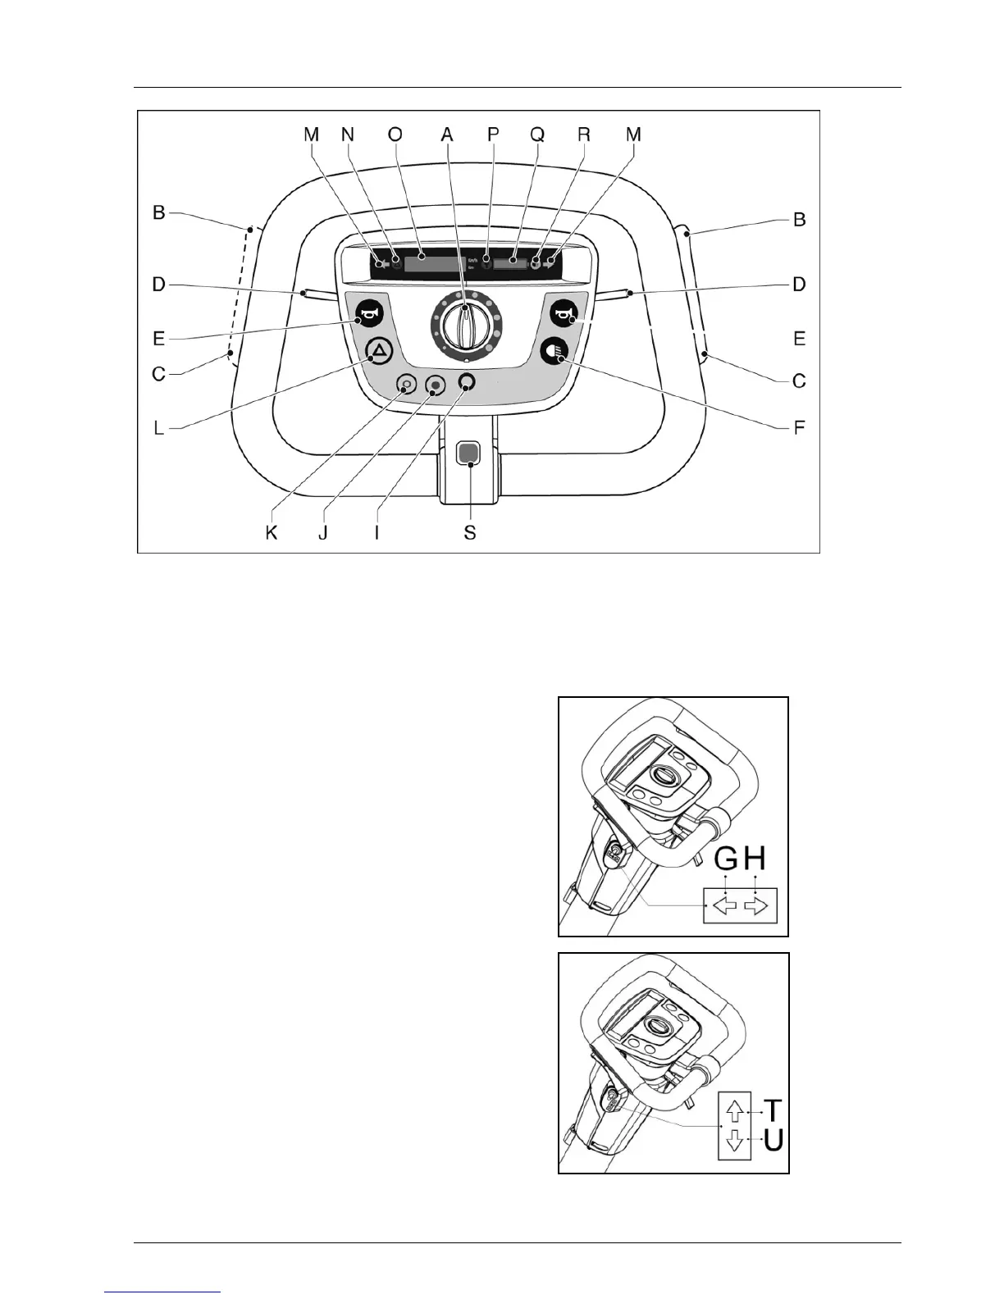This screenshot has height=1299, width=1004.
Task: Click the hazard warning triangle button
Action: pyautogui.click(x=379, y=352)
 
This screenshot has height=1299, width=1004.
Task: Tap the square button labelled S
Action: pyautogui.click(x=468, y=453)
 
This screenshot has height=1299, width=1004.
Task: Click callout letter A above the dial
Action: pyautogui.click(x=447, y=134)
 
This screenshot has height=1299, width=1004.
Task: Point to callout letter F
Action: pyautogui.click(x=801, y=426)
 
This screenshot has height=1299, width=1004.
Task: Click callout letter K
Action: pyautogui.click(x=272, y=533)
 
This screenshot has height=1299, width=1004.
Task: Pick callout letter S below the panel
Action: pyautogui.click(x=469, y=533)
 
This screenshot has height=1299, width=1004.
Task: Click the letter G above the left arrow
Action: pyautogui.click(x=726, y=859)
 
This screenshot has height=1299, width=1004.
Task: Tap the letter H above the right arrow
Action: pyautogui.click(x=755, y=859)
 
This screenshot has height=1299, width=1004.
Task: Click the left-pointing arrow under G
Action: pyautogui.click(x=726, y=905)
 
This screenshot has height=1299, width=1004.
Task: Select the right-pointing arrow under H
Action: pyautogui.click(x=756, y=905)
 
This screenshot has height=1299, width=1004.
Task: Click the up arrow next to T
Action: pyautogui.click(x=735, y=1110)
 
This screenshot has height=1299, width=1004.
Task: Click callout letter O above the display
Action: pyautogui.click(x=395, y=134)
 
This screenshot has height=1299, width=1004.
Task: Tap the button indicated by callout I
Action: pyautogui.click(x=468, y=381)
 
